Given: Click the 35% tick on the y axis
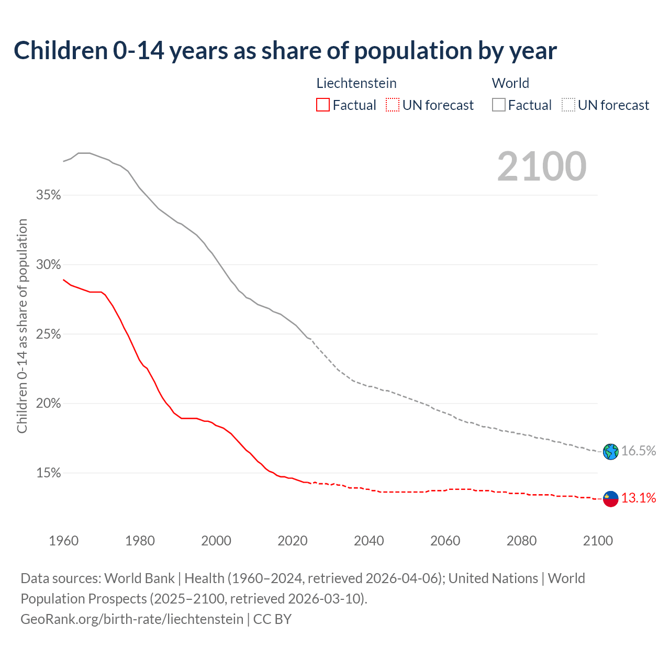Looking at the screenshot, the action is [x=48, y=195].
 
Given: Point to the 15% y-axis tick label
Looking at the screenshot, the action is [x=48, y=473].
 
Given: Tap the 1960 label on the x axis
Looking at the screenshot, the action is [x=64, y=541].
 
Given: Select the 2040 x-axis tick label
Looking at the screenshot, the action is [x=369, y=541].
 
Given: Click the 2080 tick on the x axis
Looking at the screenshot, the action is [x=521, y=541].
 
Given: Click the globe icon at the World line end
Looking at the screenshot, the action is [x=610, y=452].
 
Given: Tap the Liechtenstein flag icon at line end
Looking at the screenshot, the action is [x=610, y=499].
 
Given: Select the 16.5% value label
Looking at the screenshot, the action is [x=639, y=451].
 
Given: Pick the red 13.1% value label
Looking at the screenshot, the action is [x=639, y=498].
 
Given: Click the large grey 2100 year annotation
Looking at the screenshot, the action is [x=542, y=166].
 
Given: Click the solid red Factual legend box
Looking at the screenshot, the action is [x=322, y=105].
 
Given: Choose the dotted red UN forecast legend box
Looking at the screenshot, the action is [x=393, y=105].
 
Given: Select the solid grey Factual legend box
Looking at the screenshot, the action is [x=499, y=105].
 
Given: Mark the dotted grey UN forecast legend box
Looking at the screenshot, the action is [x=568, y=105].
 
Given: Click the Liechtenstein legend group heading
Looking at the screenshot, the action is [x=356, y=83].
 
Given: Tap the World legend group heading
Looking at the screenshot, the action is [x=510, y=83].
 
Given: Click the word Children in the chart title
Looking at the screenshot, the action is [x=61, y=51].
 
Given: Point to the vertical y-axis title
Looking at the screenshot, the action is [x=23, y=326].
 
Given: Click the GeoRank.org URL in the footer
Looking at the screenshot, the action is [x=132, y=619].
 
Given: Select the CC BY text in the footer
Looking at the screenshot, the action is [x=272, y=619].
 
